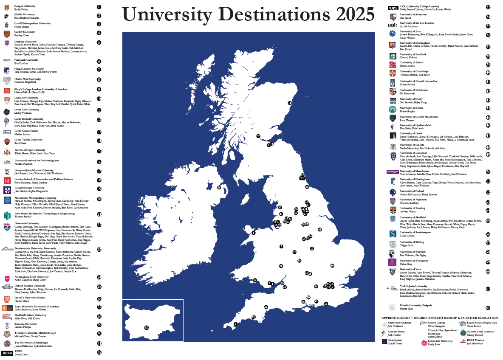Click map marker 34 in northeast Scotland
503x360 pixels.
pos(290,103)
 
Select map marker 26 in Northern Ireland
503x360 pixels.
pos(219,187)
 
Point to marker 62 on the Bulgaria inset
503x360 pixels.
pos(147,328)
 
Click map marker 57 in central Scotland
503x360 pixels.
pos(258,136)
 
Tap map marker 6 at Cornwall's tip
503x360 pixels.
pos(235,324)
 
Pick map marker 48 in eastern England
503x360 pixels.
pos(319,230)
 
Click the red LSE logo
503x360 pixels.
pos(7,180)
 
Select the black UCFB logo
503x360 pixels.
pos(7,353)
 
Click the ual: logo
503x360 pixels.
pos(392,26)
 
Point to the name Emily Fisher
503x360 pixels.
pos(21,9)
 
